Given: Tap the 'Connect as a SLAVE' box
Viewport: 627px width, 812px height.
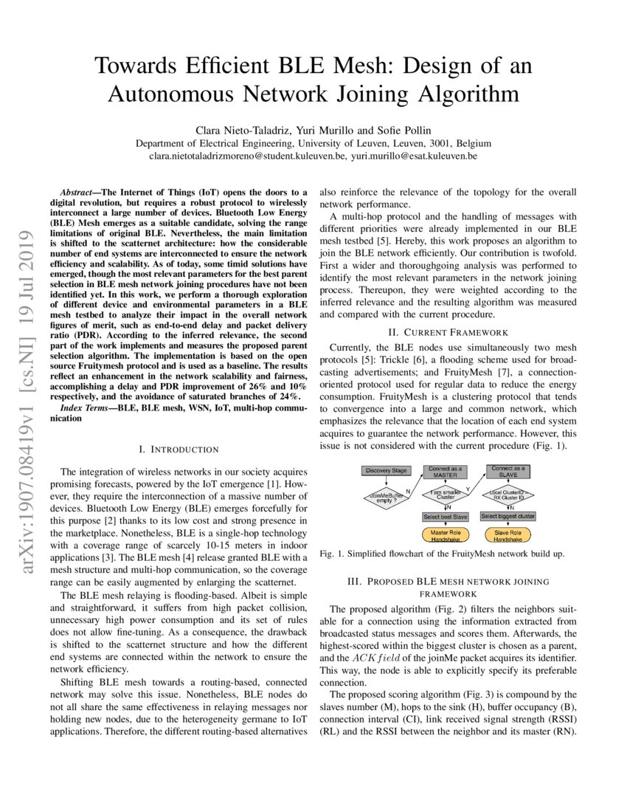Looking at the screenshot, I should coord(508,472).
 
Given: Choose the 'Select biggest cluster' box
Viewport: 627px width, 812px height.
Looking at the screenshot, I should coord(508,517).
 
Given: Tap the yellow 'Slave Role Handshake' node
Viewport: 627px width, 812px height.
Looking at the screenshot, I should coord(508,534).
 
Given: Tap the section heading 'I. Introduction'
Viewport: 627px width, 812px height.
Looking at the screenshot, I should coord(179,449).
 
